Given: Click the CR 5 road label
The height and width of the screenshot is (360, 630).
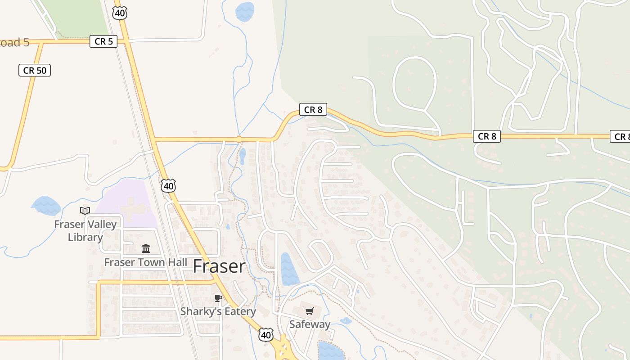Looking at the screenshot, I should [103, 42].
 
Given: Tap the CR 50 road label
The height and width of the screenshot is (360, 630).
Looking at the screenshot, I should [35, 70].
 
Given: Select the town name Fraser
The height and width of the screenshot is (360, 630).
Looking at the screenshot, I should [219, 266].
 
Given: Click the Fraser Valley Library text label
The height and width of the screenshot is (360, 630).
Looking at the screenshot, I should [85, 230].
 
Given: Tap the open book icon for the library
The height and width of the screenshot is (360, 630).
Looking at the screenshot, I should [85, 210].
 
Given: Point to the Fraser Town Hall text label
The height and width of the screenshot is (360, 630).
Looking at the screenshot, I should [146, 262].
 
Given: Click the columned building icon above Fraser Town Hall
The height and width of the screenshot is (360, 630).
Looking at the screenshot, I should [146, 248].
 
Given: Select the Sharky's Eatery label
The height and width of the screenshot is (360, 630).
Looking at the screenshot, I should [218, 311].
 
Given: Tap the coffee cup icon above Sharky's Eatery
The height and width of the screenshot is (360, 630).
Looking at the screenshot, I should [218, 298].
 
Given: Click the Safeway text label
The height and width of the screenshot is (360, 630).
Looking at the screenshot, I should [310, 324].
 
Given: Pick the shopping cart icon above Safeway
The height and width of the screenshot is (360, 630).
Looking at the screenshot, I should [309, 311].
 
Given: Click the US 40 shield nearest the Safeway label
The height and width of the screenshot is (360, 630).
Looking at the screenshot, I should [265, 334].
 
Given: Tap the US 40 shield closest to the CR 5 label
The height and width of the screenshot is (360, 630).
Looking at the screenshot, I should [120, 13].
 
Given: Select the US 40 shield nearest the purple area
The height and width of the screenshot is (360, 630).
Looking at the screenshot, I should [168, 185].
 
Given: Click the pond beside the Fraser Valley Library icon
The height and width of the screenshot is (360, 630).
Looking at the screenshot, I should [46, 206].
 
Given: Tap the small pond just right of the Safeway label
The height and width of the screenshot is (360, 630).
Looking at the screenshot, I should [346, 321].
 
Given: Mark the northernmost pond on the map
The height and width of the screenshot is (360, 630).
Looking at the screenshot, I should [245, 12].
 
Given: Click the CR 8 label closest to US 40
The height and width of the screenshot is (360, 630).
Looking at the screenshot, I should [313, 109].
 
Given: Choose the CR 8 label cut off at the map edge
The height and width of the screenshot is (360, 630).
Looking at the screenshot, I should [621, 136].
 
